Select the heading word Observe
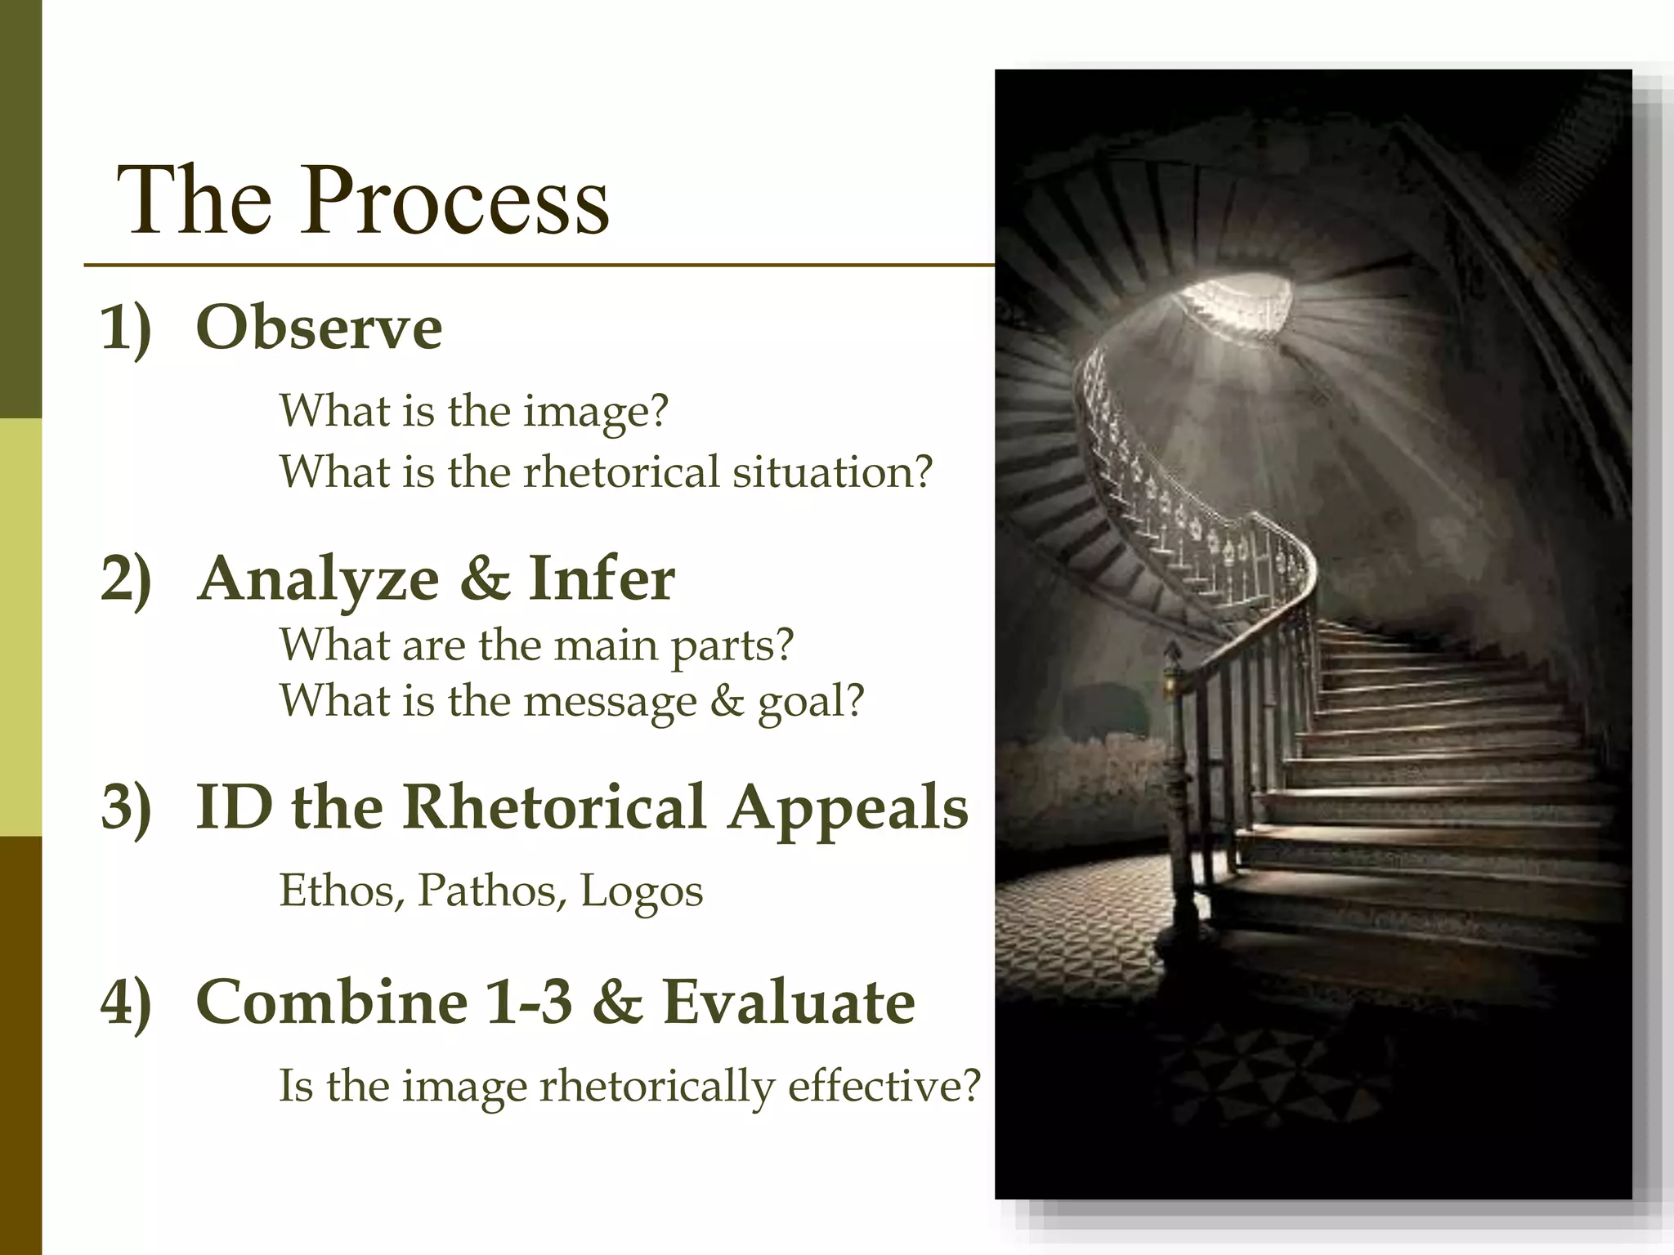click(319, 328)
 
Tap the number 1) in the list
click(126, 328)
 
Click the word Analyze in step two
click(320, 579)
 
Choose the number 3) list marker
click(126, 807)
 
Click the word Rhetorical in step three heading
click(553, 807)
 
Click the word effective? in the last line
click(884, 1087)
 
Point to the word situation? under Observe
click(832, 472)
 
